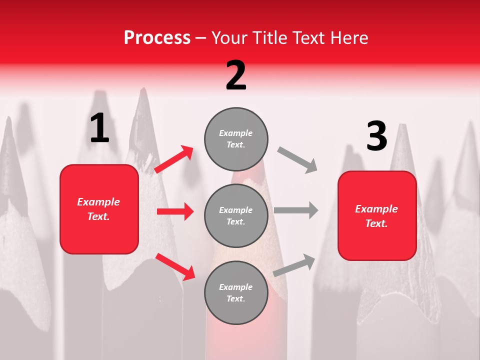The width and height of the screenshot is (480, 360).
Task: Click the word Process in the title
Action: [157, 38]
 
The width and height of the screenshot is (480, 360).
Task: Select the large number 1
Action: [99, 128]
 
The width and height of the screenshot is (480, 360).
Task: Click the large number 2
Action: [236, 75]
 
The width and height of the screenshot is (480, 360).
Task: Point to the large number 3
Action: [376, 136]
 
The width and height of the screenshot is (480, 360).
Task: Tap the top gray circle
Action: [236, 139]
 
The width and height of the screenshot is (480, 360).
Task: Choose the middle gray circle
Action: [236, 215]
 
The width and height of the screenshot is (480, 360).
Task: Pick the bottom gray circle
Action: [236, 292]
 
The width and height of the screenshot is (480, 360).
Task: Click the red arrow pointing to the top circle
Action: [174, 159]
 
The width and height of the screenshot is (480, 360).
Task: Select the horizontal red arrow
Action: [175, 211]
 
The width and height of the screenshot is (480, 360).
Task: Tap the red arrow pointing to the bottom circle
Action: [175, 266]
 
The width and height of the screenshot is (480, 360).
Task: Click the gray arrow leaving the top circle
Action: [297, 160]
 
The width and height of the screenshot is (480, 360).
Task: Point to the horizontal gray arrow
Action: [296, 210]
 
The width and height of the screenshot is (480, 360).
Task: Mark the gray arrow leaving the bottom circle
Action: [294, 265]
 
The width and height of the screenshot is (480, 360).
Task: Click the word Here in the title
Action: [348, 38]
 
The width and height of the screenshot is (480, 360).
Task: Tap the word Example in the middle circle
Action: [236, 210]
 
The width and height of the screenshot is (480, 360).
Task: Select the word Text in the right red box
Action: [376, 223]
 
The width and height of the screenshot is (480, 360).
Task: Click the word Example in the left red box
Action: [98, 202]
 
